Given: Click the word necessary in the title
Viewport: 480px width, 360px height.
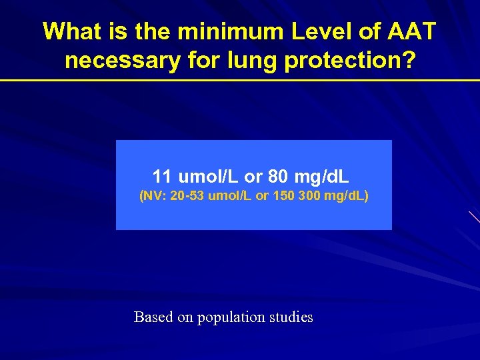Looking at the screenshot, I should coord(122,61).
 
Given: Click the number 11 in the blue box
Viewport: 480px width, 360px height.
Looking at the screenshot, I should coord(162,177).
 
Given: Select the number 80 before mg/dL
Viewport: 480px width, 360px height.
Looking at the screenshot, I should coord(277,177).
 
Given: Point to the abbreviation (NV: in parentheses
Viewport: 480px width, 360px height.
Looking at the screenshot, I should coord(153,197).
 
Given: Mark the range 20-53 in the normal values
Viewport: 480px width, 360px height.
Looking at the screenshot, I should coord(187,197).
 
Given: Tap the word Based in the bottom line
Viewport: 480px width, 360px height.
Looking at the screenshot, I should coord(153,317).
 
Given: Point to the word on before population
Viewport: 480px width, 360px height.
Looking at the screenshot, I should coord(185,318).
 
